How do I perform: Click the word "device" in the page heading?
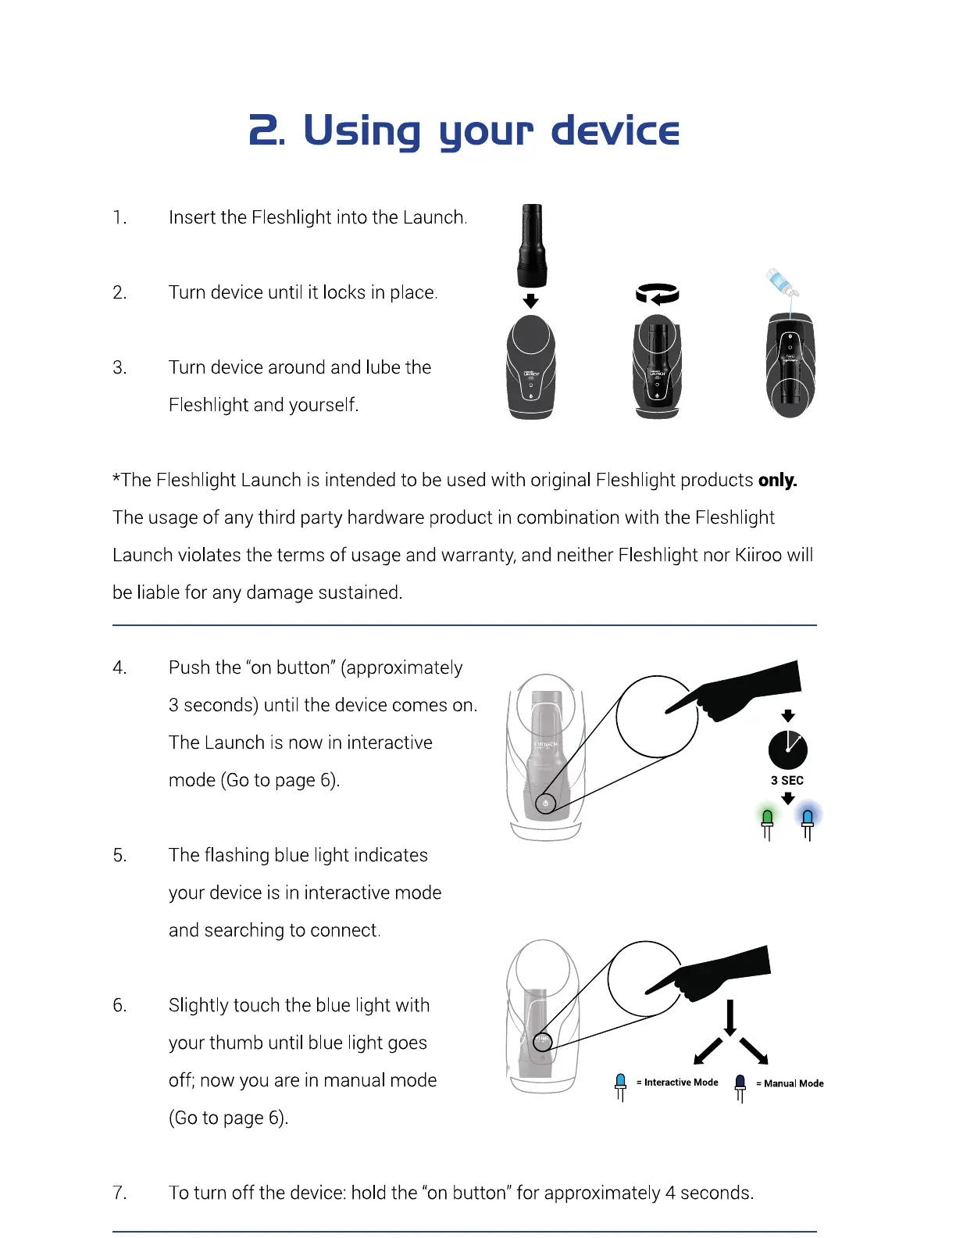(615, 131)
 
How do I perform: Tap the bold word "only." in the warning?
(777, 480)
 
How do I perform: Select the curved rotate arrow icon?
(657, 294)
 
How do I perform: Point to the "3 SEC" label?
(787, 780)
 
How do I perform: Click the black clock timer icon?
(787, 750)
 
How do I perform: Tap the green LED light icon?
(767, 821)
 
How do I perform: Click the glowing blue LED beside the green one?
(808, 820)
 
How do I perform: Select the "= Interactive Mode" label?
(678, 1082)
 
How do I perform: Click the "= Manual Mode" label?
(790, 1083)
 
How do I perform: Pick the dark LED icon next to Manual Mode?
(740, 1085)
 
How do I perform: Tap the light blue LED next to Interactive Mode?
(620, 1084)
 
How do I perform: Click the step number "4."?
(119, 667)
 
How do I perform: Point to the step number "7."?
(119, 1193)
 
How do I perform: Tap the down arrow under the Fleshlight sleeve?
(530, 301)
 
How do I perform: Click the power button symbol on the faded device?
(545, 803)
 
